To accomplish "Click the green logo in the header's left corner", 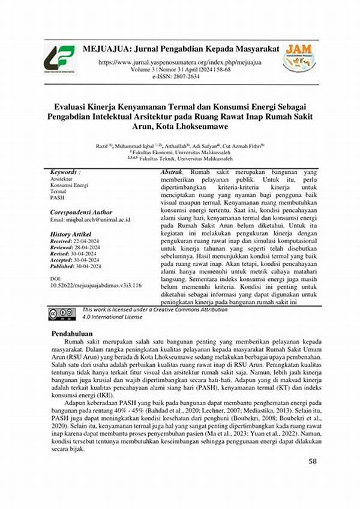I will (59, 59).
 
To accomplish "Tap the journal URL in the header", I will (180, 62).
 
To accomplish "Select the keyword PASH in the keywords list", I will (58, 197).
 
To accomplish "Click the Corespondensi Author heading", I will (81, 212).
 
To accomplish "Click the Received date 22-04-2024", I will (88, 241).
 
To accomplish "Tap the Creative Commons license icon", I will (62, 313).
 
